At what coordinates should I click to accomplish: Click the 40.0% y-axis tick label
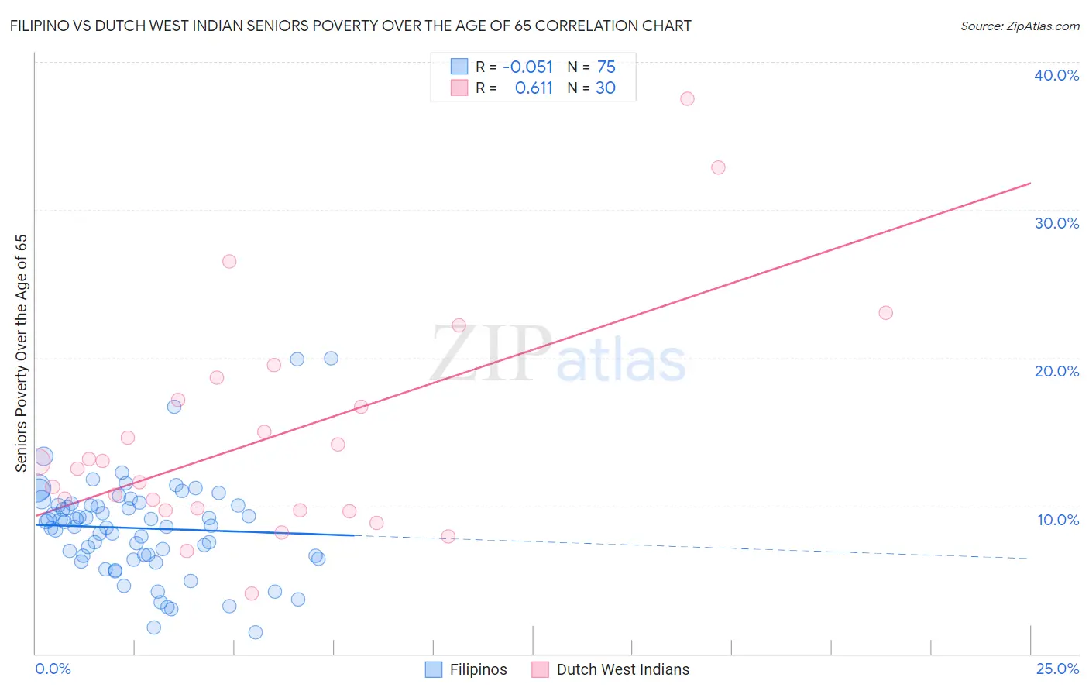pos(1056,75)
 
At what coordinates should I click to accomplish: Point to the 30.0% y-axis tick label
pos(1056,223)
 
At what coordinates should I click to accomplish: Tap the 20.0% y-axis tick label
pos(1056,371)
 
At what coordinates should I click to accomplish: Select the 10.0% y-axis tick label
pos(1058,520)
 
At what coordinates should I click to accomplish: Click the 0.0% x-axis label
pos(53,669)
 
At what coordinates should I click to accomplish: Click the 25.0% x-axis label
pos(1057,669)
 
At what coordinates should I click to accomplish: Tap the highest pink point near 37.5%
pos(687,98)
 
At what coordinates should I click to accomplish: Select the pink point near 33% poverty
pos(718,167)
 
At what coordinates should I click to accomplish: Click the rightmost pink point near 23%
pos(885,313)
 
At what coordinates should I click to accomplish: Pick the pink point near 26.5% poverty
pos(229,261)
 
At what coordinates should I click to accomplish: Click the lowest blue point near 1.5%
pos(256,632)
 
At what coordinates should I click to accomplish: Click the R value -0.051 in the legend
pos(527,67)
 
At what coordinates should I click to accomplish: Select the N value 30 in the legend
pos(605,88)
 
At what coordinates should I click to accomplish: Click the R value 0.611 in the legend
pos(534,88)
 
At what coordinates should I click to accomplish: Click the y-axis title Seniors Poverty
pos(21,352)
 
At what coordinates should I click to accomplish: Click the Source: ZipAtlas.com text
pos(1019,26)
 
